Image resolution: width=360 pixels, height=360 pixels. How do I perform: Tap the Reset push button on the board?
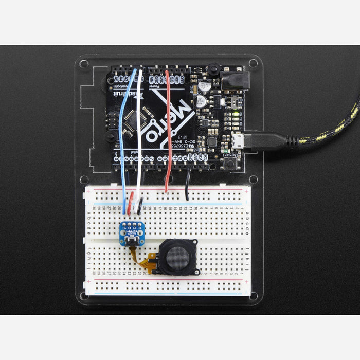point(228,164)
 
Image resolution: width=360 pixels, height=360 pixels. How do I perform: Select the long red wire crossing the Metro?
point(167,129)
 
